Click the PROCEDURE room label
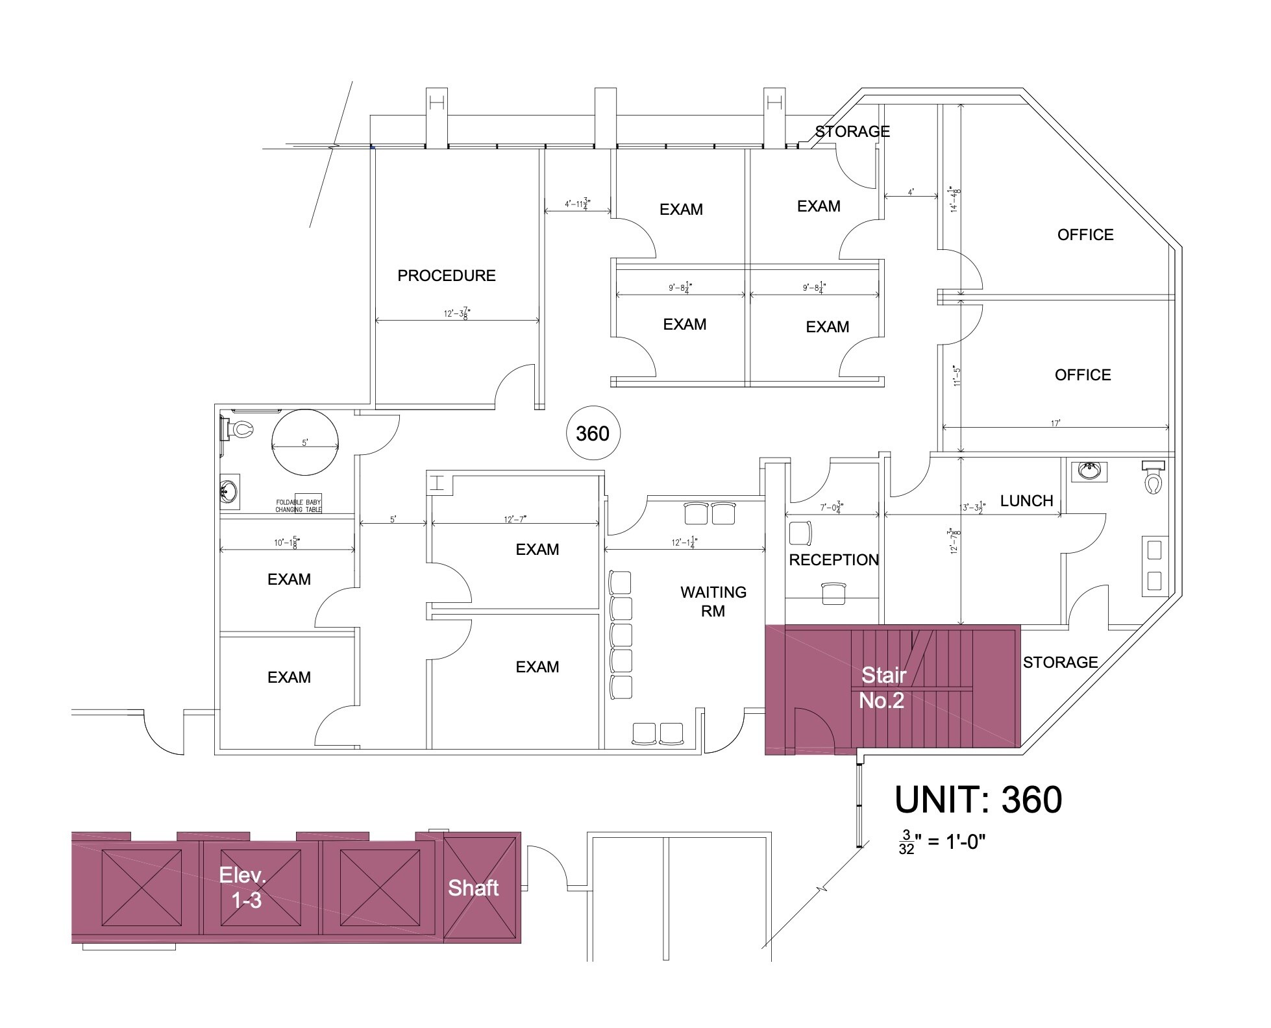tap(446, 276)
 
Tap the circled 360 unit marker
tap(593, 434)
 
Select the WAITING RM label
tap(713, 602)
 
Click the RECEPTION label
tap(833, 560)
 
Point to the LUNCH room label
tap(1026, 501)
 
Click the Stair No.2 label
tap(882, 688)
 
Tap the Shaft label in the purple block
tap(473, 888)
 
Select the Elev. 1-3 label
tap(242, 887)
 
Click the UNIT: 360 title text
tap(978, 800)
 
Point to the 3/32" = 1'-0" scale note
tap(942, 843)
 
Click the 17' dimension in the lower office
tap(1055, 423)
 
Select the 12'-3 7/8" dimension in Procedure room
tap(457, 313)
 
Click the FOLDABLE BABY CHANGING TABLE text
tap(299, 506)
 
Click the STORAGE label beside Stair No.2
tap(1060, 663)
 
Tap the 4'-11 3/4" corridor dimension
tap(577, 204)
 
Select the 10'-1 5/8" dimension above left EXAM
tap(286, 543)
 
